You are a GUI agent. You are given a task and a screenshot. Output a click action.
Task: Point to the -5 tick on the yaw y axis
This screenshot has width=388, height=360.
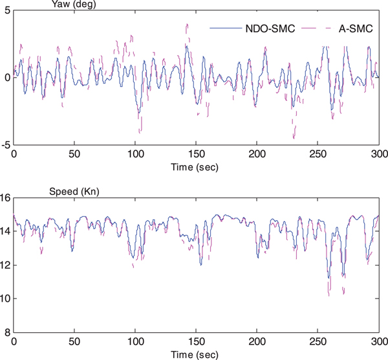[5, 145]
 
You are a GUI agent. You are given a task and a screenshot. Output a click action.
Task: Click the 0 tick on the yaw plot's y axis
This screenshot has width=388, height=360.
[6, 78]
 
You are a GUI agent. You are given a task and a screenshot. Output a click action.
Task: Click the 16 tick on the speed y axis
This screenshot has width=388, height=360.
[5, 198]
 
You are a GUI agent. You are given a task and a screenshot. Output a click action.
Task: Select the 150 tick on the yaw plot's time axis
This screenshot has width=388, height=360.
[196, 154]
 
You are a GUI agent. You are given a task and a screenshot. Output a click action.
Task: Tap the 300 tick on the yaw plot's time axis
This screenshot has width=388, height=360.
[380, 154]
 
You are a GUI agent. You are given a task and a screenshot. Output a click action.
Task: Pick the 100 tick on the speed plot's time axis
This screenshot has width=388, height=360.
[135, 342]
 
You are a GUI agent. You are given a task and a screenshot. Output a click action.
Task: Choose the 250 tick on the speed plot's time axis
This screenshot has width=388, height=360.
[318, 342]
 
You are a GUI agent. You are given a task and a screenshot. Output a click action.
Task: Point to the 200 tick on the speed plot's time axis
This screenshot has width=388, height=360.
[257, 342]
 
